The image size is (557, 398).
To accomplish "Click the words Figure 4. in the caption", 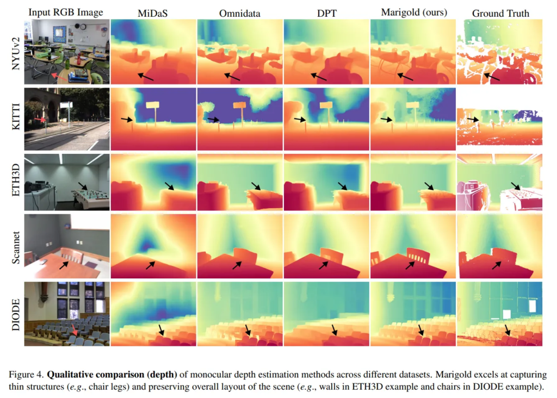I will tap(27, 375).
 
